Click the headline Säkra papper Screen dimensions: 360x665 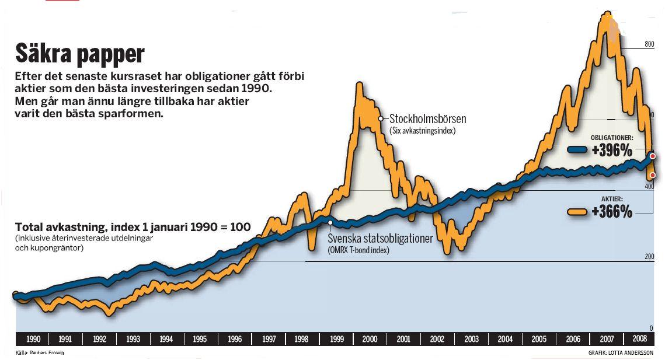tap(79, 54)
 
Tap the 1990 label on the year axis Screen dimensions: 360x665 tap(33, 339)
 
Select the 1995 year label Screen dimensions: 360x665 tap(200, 339)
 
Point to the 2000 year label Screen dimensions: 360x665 tap(369, 339)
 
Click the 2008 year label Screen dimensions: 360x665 tap(639, 339)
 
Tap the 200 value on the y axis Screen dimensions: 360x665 tap(648, 257)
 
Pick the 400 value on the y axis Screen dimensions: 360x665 tap(648, 186)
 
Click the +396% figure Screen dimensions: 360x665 tap(611, 151)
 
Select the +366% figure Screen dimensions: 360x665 tap(611, 212)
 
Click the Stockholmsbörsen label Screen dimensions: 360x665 tap(427, 120)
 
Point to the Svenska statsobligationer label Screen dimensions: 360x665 tap(380, 239)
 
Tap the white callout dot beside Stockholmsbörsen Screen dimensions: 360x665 tap(380, 118)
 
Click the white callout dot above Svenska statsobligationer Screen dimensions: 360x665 tap(330, 222)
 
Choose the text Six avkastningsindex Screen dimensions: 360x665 tap(422, 131)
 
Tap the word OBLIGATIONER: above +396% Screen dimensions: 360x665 tap(611, 138)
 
